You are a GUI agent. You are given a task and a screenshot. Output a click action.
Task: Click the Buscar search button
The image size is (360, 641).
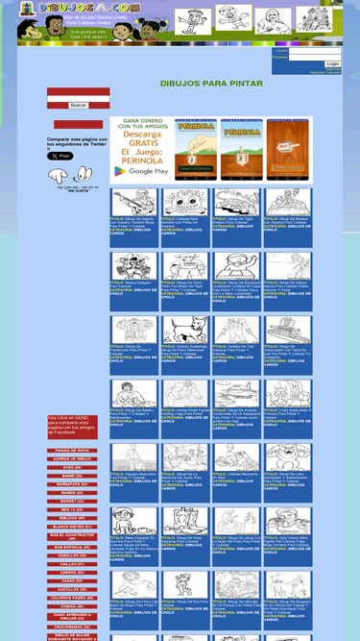78,105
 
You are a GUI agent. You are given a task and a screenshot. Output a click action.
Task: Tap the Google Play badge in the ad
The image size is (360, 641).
141,171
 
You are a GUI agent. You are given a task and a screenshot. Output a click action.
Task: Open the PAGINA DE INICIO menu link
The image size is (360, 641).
72,450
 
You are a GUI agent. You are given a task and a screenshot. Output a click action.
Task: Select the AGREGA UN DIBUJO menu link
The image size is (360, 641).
72,458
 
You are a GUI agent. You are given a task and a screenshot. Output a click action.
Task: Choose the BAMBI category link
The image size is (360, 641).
72,475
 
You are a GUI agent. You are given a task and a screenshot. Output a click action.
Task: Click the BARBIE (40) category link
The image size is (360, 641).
72,492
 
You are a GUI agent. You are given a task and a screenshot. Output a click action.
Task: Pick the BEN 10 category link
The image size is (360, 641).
72,509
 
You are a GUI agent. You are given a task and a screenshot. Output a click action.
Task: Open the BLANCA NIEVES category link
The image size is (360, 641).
72,527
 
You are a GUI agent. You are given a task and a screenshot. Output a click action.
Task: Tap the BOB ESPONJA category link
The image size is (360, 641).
72,547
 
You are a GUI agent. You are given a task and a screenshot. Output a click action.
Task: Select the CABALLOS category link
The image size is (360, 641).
72,555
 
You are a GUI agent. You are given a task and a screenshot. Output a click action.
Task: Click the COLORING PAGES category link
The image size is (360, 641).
72,597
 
